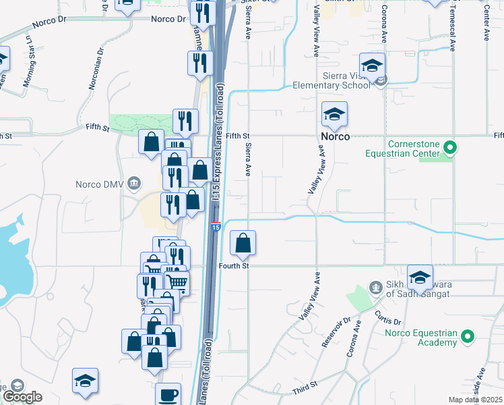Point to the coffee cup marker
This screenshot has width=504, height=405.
pyautogui.click(x=168, y=394)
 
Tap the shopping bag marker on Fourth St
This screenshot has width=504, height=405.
pyautogui.click(x=243, y=243)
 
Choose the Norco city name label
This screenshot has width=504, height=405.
pyautogui.click(x=335, y=136)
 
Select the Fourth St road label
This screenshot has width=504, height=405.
pyautogui.click(x=234, y=267)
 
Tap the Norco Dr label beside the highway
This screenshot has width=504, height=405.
pyautogui.click(x=168, y=19)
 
